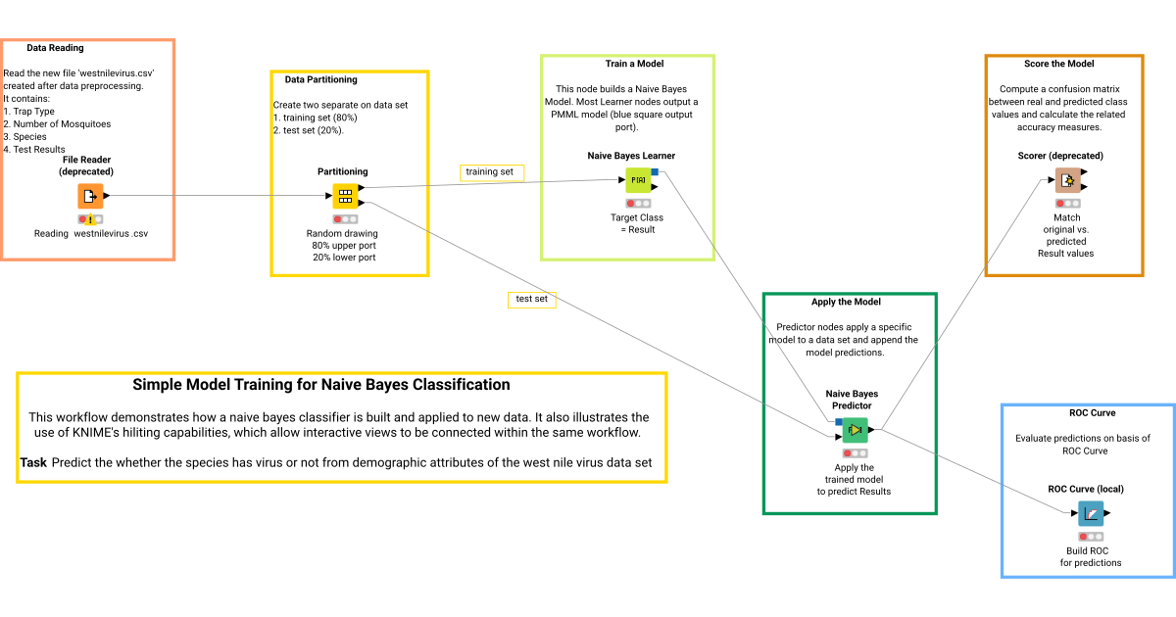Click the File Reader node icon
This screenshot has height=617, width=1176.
coord(90,196)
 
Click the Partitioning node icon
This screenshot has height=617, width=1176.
coord(344,196)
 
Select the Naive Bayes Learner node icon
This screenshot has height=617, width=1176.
coord(638,180)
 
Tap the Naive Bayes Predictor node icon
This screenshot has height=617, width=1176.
coord(855,430)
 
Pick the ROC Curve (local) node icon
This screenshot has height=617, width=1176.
coord(1090,513)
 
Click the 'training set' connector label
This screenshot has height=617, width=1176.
coord(492,172)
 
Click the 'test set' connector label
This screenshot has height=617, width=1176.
coord(531,299)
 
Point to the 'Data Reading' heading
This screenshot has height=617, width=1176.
coord(55,48)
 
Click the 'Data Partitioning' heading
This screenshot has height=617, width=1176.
coord(320,79)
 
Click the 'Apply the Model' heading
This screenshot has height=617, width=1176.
coord(846,302)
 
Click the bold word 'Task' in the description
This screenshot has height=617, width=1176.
coord(33,462)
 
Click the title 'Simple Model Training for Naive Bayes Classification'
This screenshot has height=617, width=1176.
coord(321,385)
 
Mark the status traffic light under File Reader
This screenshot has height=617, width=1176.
coord(90,219)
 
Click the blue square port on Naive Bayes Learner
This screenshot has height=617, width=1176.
coord(655,172)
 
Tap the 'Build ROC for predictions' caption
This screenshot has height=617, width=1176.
coord(1090,556)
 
